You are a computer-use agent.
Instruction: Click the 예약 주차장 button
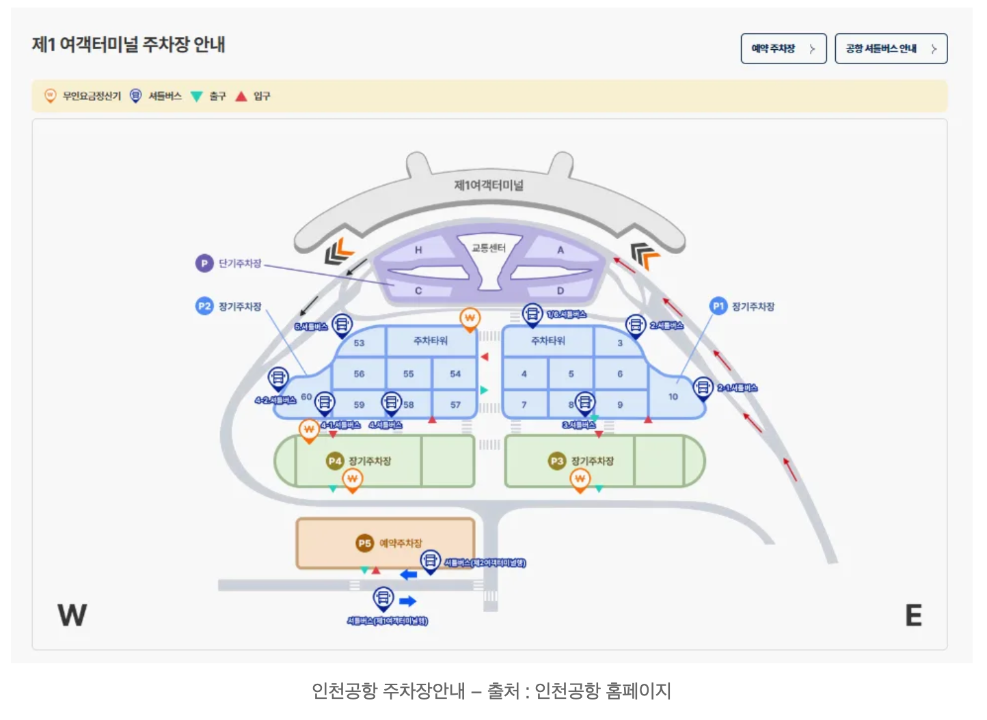click(783, 49)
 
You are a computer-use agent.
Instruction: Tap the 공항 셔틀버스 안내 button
click(890, 49)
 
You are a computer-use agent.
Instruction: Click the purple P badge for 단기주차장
click(204, 263)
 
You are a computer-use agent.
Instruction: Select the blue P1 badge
click(718, 306)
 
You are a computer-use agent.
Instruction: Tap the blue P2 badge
click(204, 306)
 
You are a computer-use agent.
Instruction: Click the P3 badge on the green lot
click(557, 461)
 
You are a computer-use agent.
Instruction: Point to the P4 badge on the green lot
click(334, 461)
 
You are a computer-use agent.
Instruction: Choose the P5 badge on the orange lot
click(364, 543)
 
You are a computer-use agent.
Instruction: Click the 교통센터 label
click(489, 248)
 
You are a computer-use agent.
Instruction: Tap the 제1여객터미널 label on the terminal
click(489, 185)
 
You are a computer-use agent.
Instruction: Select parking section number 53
click(359, 343)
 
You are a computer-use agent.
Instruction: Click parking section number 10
click(673, 397)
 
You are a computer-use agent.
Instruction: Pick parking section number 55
click(408, 374)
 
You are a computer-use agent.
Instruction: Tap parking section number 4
click(524, 374)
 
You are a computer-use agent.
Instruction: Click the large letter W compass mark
click(72, 615)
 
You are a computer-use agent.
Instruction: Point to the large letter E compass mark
click(913, 615)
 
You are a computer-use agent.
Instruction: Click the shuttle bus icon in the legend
click(136, 96)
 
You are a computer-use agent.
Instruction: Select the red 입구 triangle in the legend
click(241, 96)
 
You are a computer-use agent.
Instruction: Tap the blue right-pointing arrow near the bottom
click(408, 601)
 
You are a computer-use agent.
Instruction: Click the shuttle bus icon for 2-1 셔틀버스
click(703, 388)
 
